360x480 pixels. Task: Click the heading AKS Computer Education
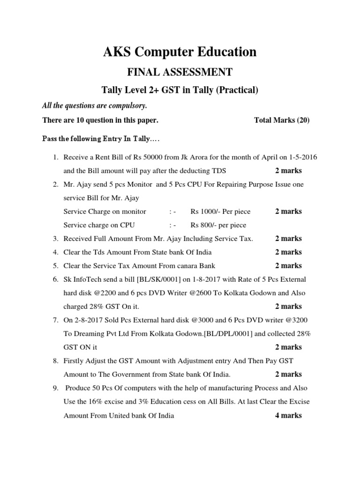180,52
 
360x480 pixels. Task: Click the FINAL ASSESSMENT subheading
180,72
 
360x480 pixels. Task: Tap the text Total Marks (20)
282,120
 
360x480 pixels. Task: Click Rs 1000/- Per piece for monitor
216,211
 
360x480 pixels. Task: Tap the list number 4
55,252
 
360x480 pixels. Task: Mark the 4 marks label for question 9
288,416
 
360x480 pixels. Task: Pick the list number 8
55,361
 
